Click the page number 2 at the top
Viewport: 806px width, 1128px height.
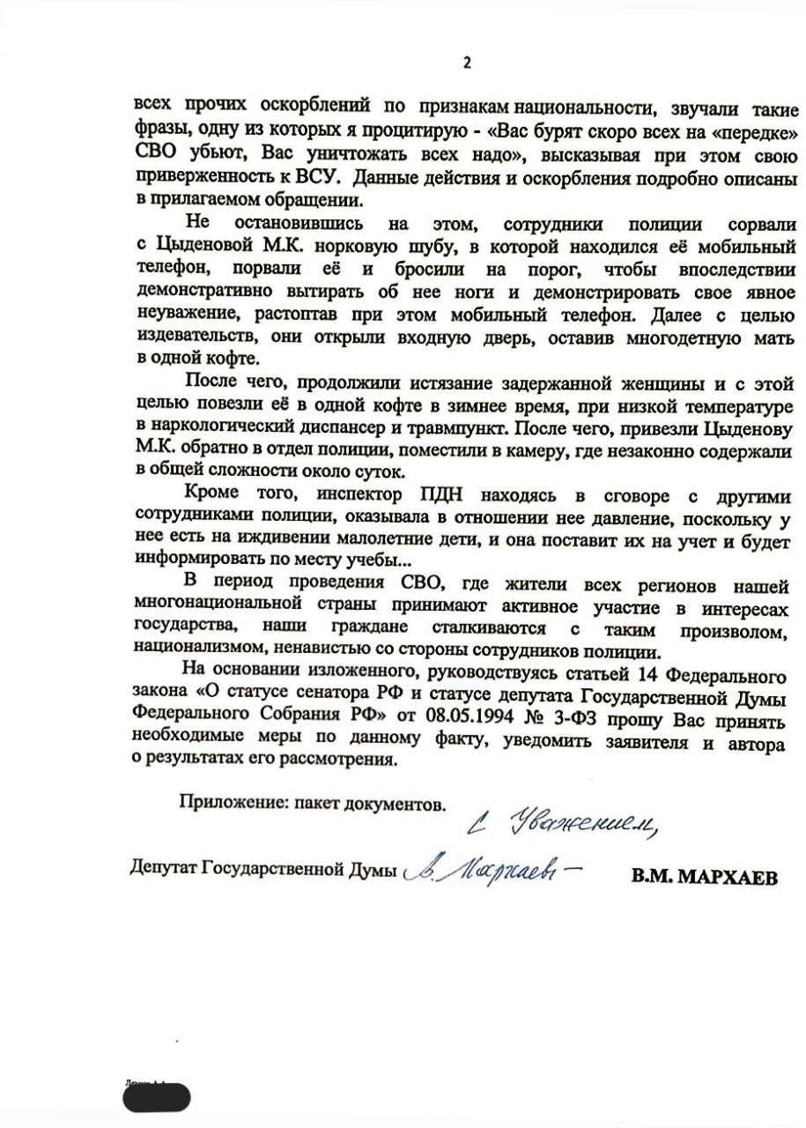point(467,62)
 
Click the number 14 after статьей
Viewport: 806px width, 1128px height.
point(621,678)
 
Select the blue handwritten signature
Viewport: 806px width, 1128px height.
point(493,872)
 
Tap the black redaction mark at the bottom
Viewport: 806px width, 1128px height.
point(156,1097)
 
